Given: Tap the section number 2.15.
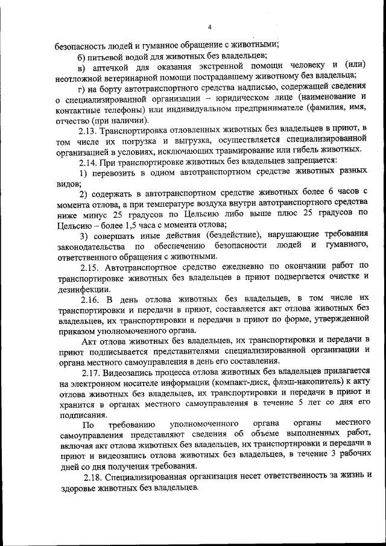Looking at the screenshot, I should [x=90, y=266].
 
